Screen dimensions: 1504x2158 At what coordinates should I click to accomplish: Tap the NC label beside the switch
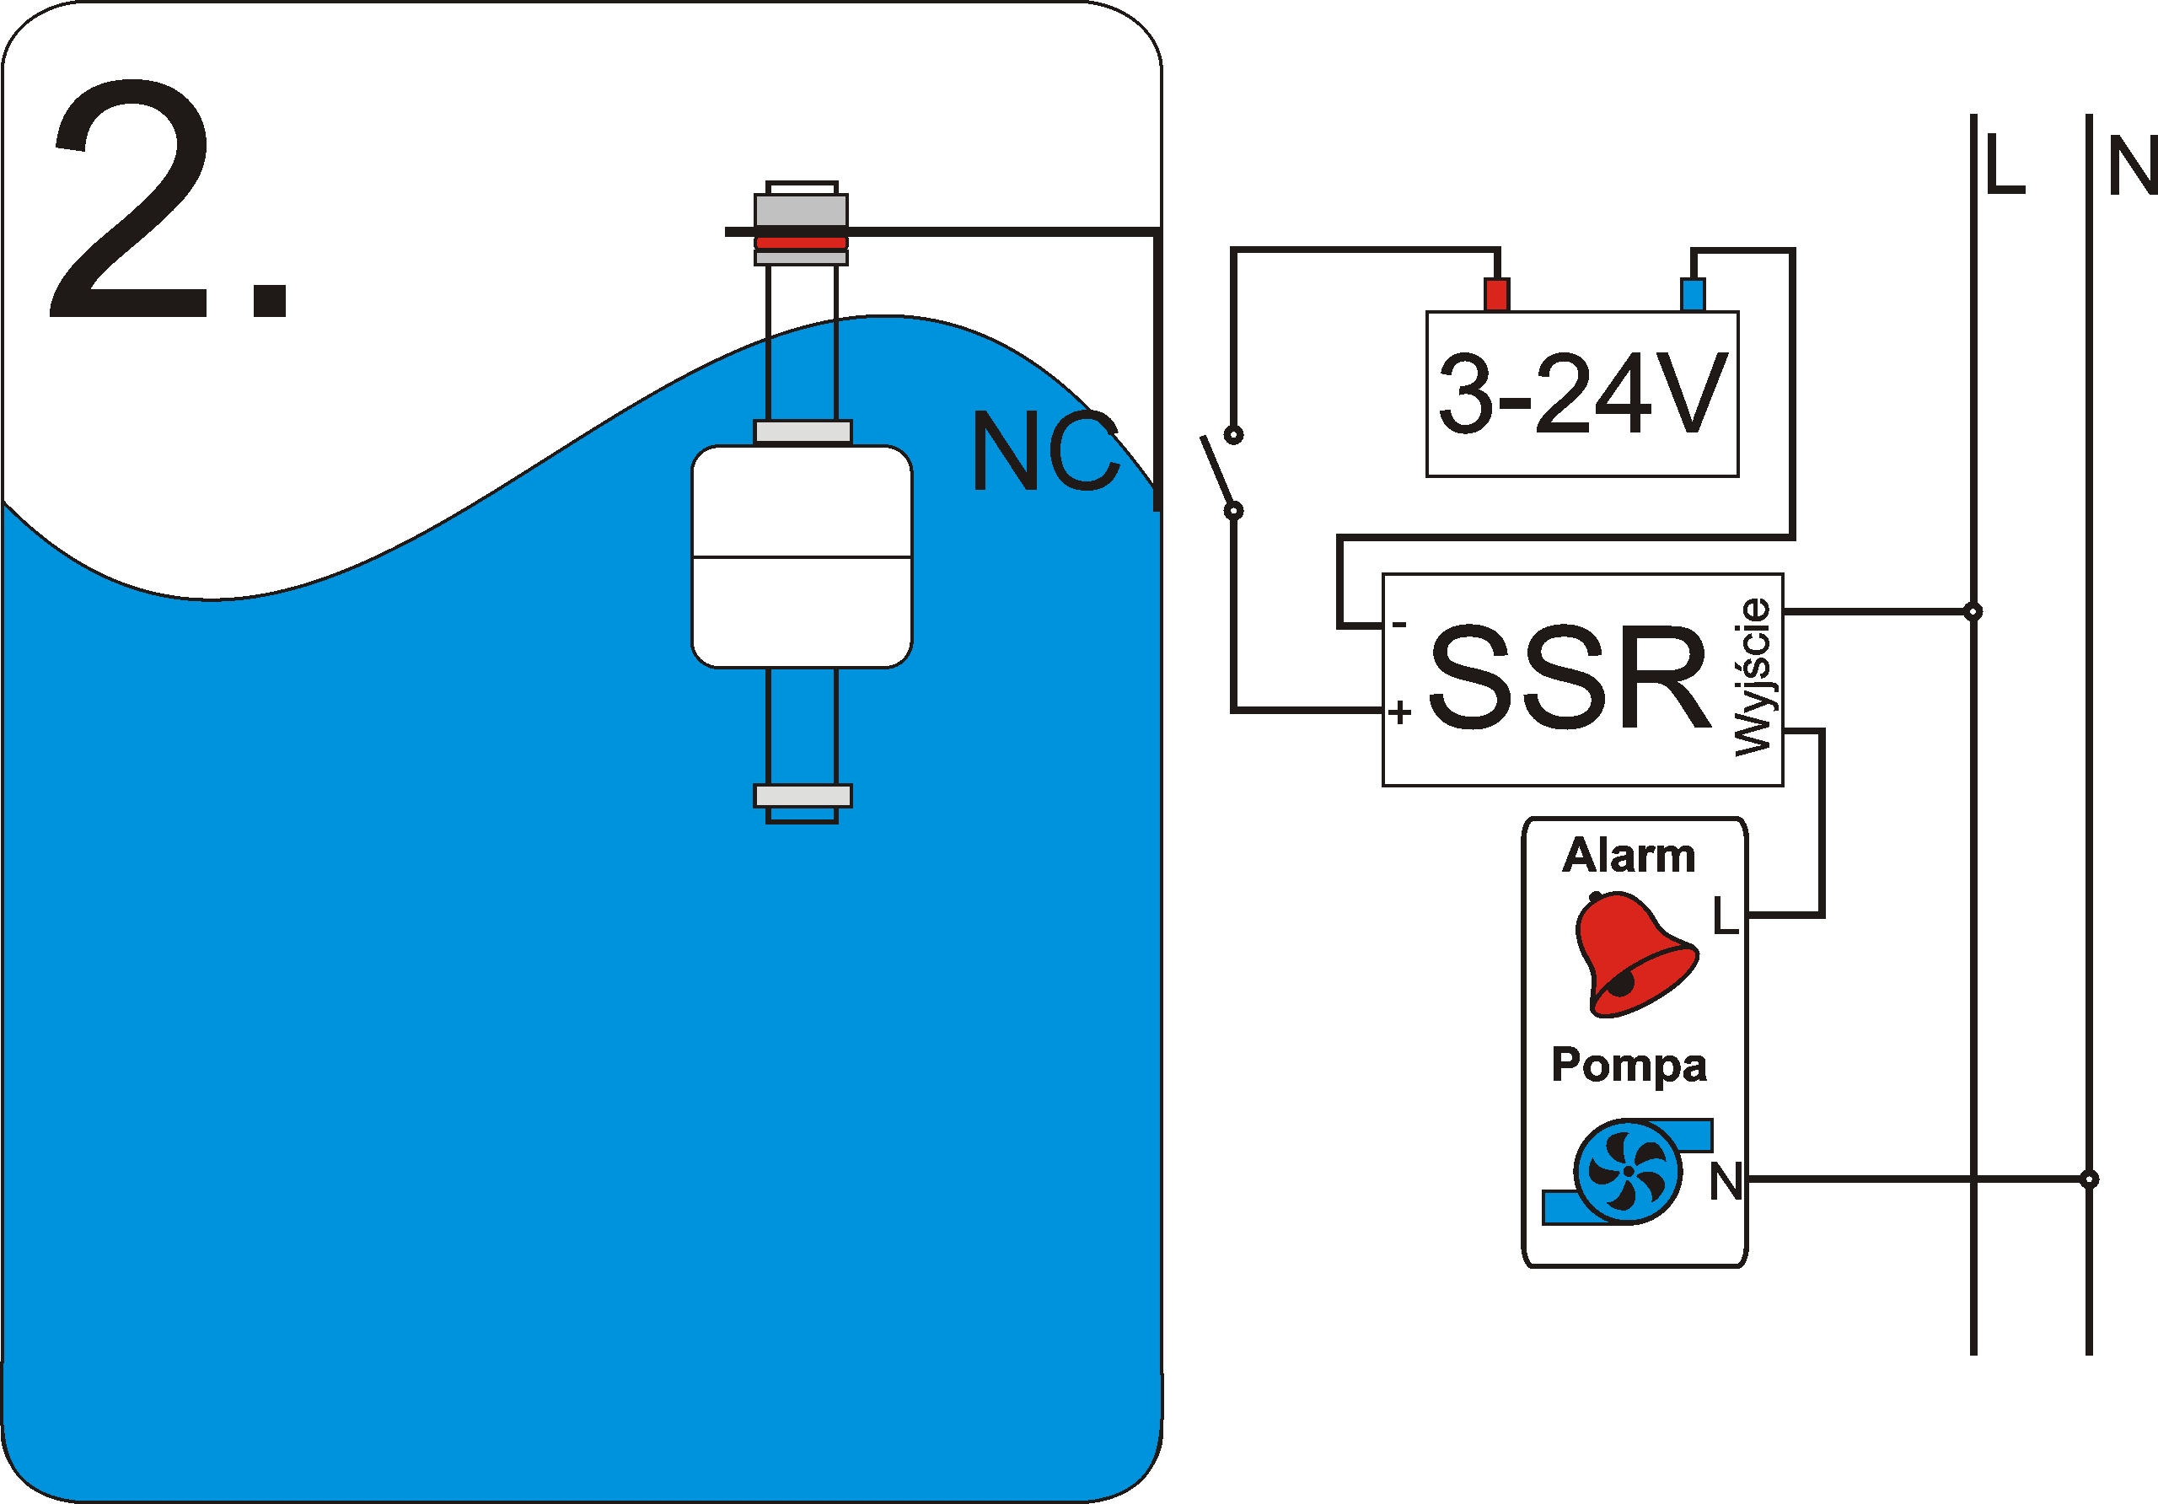pyautogui.click(x=1044, y=452)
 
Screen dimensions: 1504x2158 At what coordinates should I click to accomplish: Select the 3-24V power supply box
pyautogui.click(x=1582, y=394)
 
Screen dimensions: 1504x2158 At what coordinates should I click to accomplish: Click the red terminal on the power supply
pyautogui.click(x=1496, y=294)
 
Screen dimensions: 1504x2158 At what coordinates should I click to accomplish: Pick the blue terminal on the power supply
pyautogui.click(x=1692, y=294)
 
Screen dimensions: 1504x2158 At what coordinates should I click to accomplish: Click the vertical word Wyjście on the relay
pyautogui.click(x=1753, y=677)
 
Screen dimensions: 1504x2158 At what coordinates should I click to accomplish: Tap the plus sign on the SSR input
pyautogui.click(x=1399, y=712)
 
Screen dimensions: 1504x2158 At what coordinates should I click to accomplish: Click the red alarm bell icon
pyautogui.click(x=1634, y=954)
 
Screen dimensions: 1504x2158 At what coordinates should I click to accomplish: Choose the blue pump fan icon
pyautogui.click(x=1628, y=1171)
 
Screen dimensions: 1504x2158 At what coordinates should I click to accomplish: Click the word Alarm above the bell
pyautogui.click(x=1629, y=856)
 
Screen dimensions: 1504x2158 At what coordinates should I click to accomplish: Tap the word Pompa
pyautogui.click(x=1629, y=1065)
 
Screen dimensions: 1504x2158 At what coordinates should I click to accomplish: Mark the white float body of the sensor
pyautogui.click(x=802, y=556)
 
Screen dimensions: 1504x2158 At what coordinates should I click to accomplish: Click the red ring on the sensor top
pyautogui.click(x=801, y=243)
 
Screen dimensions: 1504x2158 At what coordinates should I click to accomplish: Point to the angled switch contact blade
pyautogui.click(x=1218, y=472)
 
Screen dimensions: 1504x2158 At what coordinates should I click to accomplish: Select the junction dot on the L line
pyautogui.click(x=1973, y=611)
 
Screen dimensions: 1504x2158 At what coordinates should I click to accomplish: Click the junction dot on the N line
pyautogui.click(x=2088, y=1179)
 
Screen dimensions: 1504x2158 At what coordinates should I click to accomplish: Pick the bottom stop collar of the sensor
pyautogui.click(x=803, y=795)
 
